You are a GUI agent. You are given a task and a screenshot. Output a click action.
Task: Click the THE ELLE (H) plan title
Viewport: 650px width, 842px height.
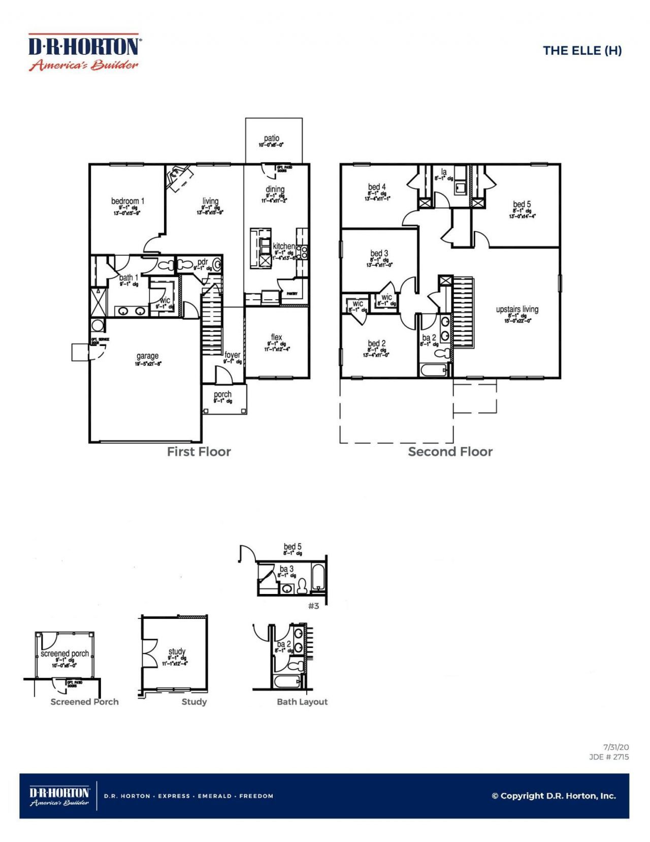tap(582, 50)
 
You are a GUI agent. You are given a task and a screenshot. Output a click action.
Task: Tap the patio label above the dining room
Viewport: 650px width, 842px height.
tap(272, 138)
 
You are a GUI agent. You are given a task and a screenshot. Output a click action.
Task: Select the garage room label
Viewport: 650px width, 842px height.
tap(147, 356)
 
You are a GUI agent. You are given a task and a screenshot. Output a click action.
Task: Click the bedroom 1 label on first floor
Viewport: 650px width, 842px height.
tap(127, 201)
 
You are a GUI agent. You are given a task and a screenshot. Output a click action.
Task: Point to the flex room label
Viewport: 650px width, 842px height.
tap(276, 337)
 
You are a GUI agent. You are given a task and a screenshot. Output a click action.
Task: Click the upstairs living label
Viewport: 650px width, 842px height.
tap(517, 309)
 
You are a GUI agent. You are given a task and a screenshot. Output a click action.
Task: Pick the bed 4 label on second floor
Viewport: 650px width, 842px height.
tap(377, 187)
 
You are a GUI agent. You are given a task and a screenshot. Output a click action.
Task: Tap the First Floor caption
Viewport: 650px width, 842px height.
tap(199, 452)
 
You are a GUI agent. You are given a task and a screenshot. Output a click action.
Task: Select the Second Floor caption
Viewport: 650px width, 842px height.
tap(450, 452)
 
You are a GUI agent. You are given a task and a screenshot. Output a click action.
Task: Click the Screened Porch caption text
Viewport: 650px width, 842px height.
tap(84, 702)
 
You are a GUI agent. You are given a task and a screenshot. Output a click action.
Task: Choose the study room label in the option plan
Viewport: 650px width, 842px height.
tap(177, 651)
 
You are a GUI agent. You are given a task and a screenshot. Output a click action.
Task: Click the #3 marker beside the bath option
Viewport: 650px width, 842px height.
tap(314, 606)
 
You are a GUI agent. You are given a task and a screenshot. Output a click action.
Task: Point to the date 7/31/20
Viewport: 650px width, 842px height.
tap(616, 747)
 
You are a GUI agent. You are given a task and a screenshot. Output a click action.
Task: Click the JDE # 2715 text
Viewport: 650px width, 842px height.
tap(609, 757)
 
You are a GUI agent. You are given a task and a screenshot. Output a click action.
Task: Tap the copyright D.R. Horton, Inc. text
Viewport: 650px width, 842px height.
tap(554, 796)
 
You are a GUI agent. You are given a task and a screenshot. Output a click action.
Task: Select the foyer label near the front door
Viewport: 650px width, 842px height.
tap(233, 355)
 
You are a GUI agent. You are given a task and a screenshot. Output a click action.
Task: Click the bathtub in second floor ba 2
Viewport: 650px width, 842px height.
tap(433, 370)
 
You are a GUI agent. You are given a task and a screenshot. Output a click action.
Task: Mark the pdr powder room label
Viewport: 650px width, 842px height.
tap(202, 262)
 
